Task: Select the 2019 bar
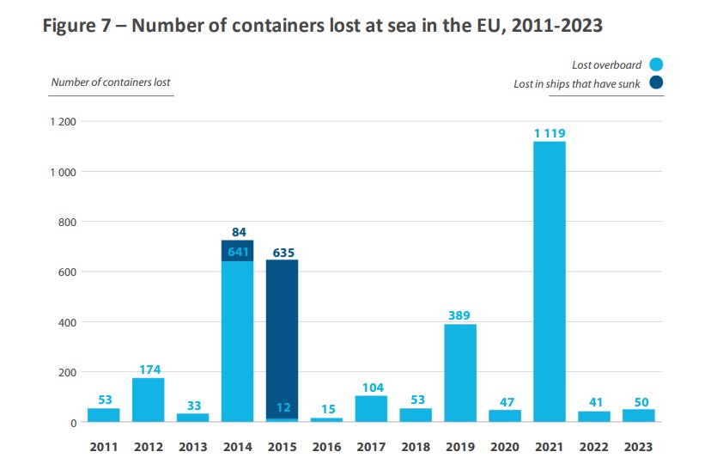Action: point(460,373)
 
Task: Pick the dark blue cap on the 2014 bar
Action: point(237,250)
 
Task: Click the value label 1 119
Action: point(550,133)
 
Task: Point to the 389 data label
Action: point(460,315)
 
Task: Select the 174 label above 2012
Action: point(148,369)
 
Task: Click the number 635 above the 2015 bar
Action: point(282,253)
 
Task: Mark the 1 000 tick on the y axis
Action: point(64,172)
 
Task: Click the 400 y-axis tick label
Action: point(67,322)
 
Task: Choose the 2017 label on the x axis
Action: point(371,447)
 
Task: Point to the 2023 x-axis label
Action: point(639,447)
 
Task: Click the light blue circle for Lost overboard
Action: point(657,65)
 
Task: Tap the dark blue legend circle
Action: point(657,83)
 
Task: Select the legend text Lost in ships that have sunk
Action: point(577,83)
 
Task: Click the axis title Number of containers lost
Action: point(111,82)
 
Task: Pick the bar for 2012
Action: point(148,400)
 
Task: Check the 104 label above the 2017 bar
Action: point(371,388)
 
